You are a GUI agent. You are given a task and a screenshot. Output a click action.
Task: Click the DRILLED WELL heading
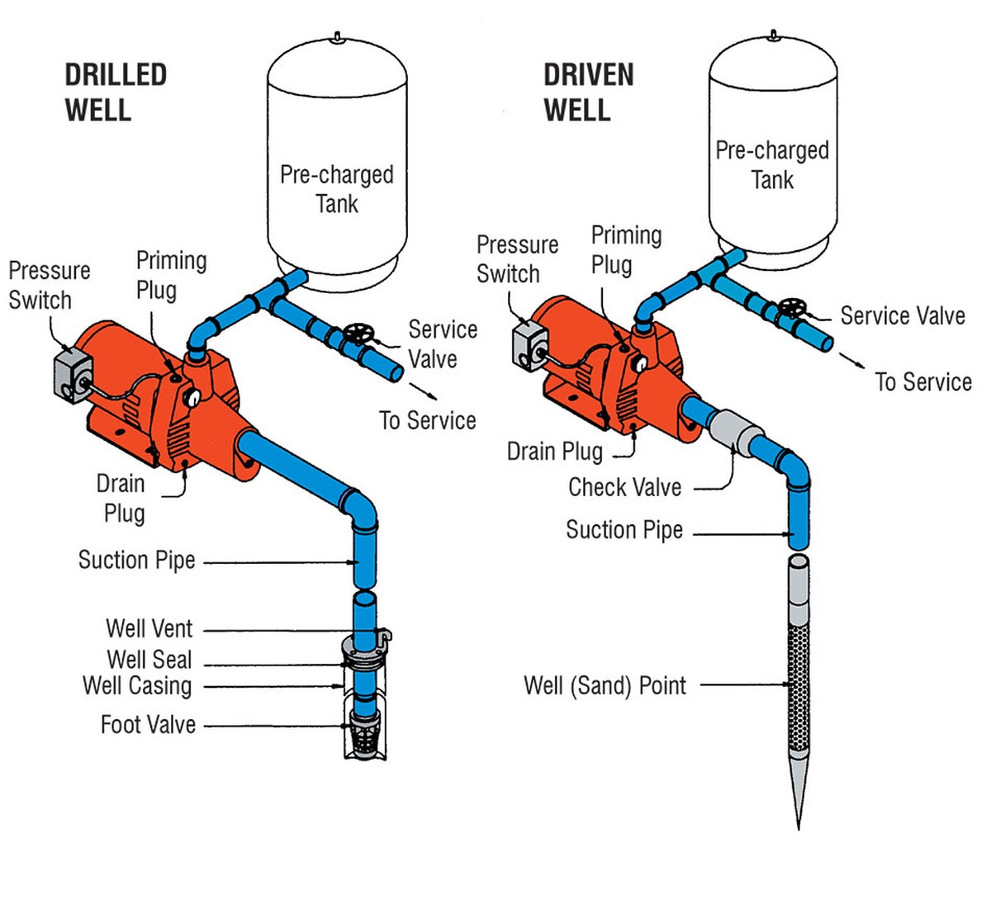[116, 92]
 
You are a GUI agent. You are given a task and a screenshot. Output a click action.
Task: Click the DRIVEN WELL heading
[588, 92]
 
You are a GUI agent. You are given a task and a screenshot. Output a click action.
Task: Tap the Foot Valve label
[148, 725]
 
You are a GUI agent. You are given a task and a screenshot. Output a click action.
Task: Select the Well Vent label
[149, 629]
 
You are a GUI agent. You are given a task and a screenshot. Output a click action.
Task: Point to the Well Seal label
[149, 660]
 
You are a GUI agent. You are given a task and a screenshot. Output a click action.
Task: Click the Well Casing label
[137, 685]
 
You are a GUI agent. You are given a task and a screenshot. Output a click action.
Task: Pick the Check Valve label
[624, 487]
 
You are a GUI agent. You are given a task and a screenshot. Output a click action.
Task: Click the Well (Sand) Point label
[605, 685]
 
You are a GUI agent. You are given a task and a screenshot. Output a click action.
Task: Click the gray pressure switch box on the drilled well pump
[73, 378]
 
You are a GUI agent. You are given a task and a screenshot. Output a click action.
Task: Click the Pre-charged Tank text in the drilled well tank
[337, 189]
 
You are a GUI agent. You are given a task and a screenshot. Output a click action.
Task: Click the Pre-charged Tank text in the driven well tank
[772, 165]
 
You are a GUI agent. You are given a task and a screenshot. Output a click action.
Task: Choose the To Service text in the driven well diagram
[923, 382]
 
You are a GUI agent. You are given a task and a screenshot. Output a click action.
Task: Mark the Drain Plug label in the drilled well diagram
[123, 498]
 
